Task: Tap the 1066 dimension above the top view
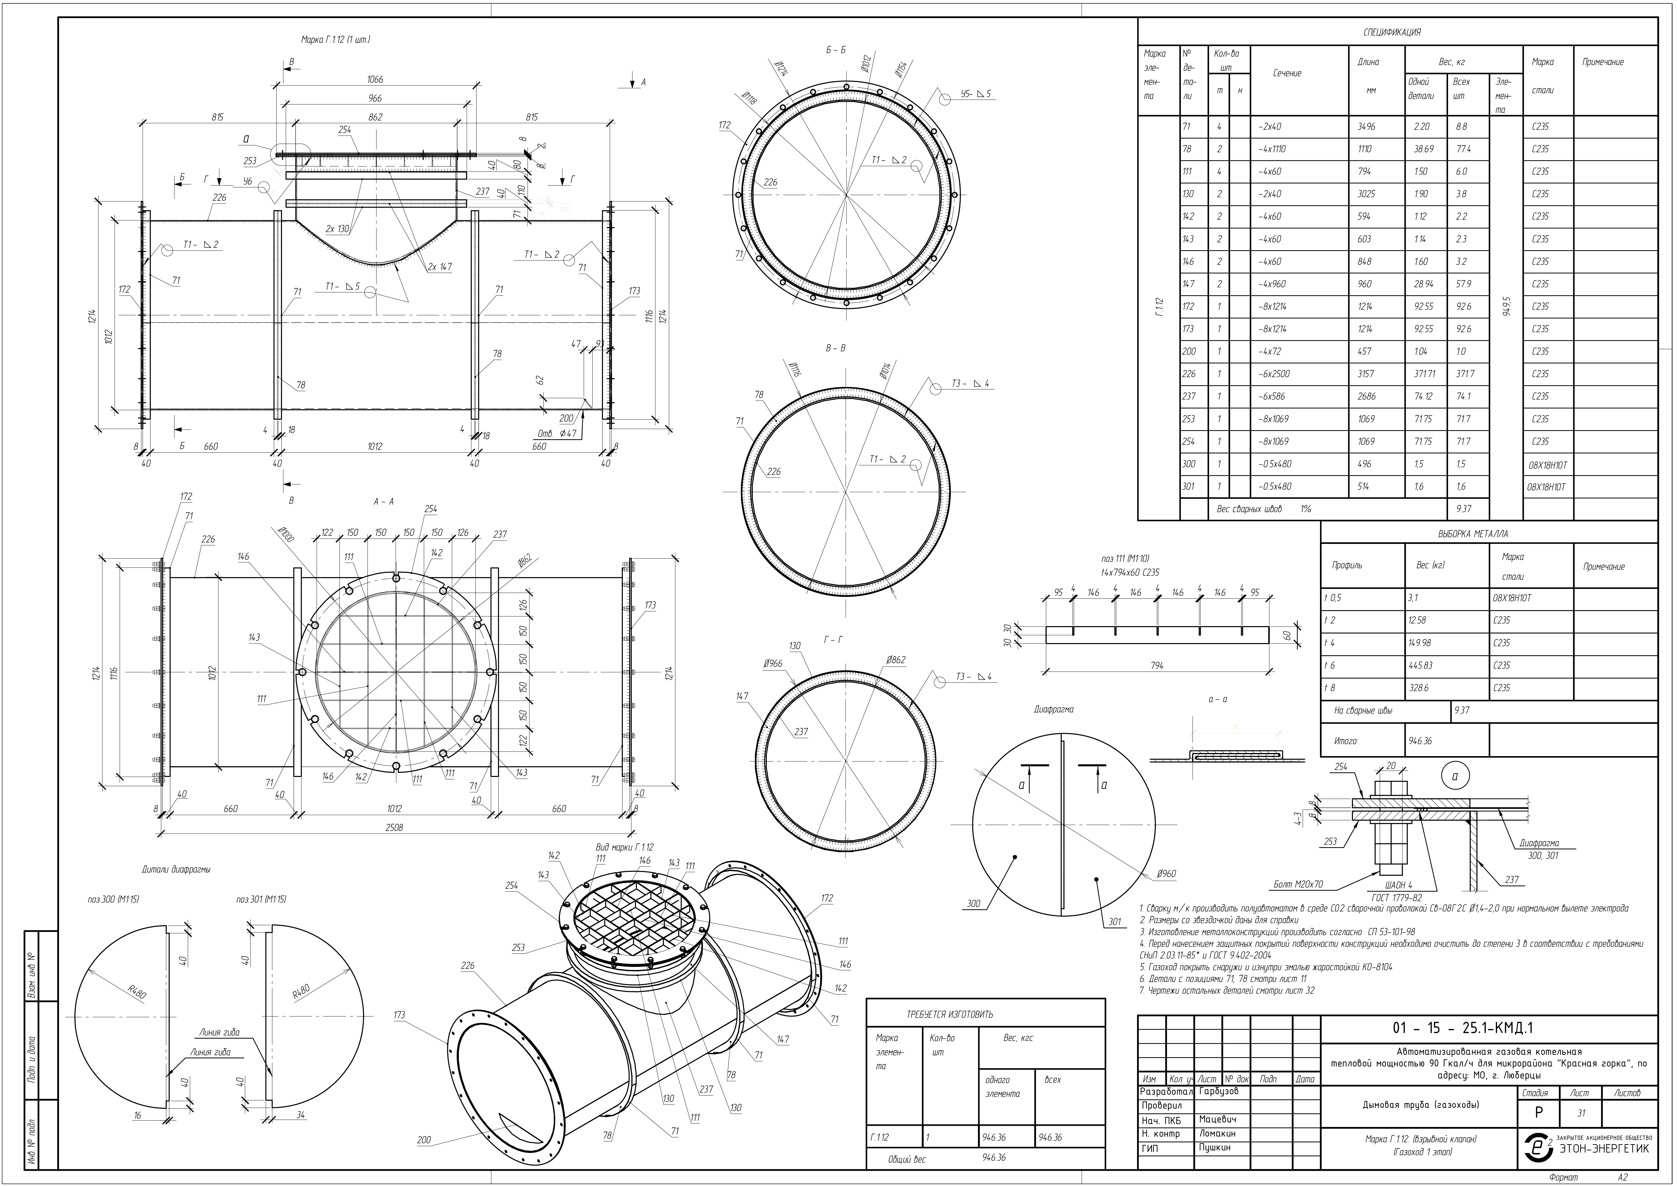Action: coord(375,80)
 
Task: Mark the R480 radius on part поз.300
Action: coord(137,993)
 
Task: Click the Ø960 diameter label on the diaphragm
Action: coord(1167,873)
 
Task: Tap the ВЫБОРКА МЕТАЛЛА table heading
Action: coord(1472,534)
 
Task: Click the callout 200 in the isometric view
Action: coord(424,1140)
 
